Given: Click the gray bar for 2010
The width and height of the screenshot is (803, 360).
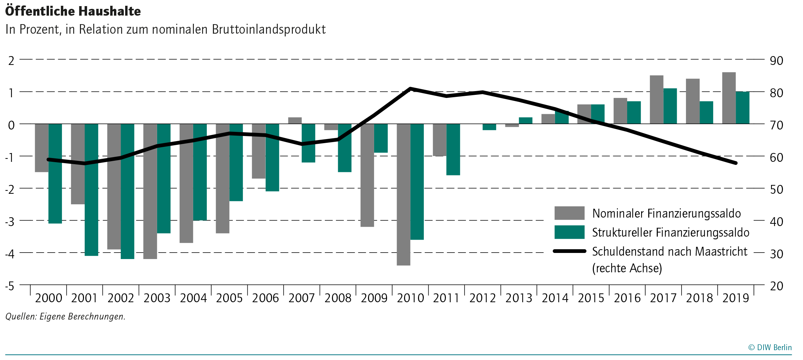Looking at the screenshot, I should click(x=403, y=194).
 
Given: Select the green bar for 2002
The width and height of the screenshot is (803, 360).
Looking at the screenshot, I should click(x=128, y=191).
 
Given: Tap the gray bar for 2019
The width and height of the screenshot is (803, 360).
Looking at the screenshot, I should click(x=729, y=98).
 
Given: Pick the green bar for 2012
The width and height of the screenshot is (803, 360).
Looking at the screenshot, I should click(x=489, y=127).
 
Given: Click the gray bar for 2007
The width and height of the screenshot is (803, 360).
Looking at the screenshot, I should click(x=295, y=121).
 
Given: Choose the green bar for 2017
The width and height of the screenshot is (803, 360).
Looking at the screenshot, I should click(x=670, y=106).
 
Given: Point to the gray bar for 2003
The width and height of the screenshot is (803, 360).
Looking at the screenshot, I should click(x=150, y=191).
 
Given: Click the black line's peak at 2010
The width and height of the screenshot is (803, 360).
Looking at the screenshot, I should click(x=411, y=89).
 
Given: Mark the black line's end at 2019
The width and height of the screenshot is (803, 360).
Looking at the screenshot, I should click(x=736, y=163).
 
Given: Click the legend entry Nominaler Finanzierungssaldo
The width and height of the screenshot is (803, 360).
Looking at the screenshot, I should click(x=666, y=213).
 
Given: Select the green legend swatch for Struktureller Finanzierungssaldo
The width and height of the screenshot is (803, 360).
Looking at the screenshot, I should click(x=569, y=232).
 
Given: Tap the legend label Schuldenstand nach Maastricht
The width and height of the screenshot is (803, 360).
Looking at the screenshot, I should click(x=669, y=252).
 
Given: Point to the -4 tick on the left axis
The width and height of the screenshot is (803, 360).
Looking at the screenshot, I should click(x=10, y=254).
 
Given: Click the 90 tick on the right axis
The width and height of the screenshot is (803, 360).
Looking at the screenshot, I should click(x=776, y=61).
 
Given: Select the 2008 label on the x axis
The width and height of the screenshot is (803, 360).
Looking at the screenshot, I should click(x=338, y=298).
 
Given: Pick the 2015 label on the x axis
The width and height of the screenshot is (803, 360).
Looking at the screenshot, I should click(x=591, y=298).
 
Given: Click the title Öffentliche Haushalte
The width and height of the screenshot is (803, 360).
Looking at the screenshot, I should click(x=73, y=11).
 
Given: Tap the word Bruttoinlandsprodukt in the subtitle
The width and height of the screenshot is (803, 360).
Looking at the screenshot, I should click(x=269, y=30).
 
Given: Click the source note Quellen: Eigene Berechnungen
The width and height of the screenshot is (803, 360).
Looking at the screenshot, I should click(x=65, y=316).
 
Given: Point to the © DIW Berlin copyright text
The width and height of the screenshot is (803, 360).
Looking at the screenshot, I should click(x=770, y=347).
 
